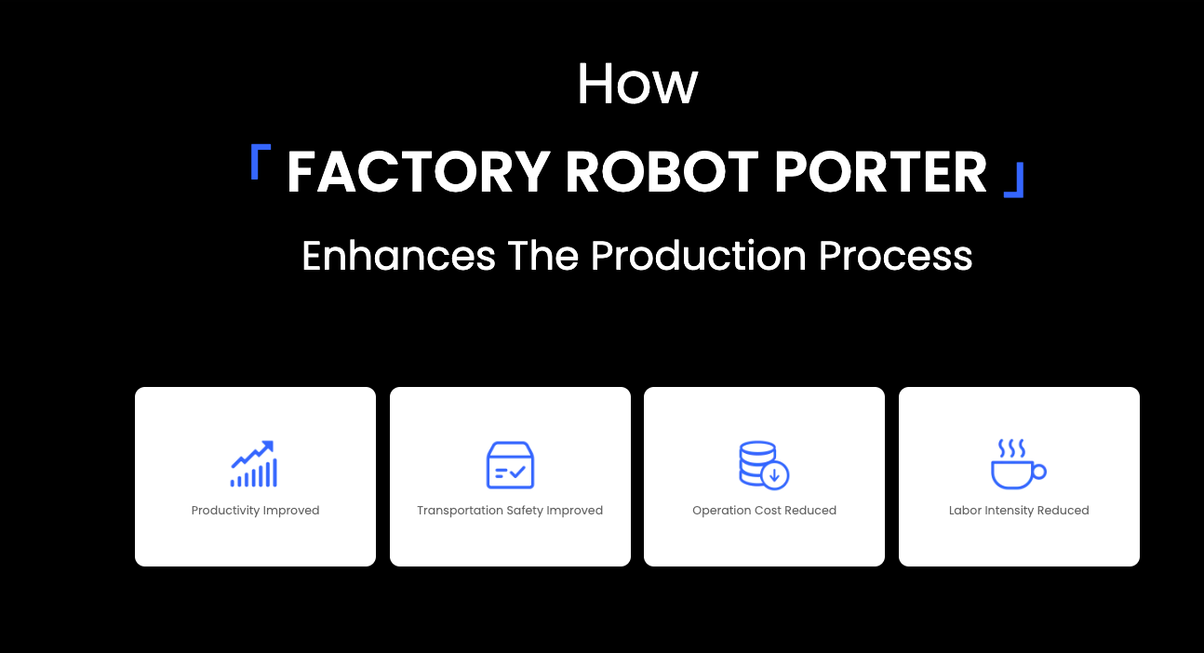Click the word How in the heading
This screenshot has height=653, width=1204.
click(637, 84)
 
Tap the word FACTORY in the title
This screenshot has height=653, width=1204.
click(419, 171)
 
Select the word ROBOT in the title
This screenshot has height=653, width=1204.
click(662, 171)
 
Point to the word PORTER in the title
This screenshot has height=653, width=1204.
click(880, 171)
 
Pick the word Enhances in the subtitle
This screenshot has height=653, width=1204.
click(398, 256)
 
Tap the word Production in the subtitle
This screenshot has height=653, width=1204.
click(698, 256)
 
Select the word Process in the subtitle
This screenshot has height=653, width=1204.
click(895, 256)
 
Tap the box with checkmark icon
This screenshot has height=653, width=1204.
click(510, 465)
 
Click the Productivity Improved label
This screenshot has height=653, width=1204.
click(255, 510)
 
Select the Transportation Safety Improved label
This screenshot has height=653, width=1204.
click(510, 510)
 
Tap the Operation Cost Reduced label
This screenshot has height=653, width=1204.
click(764, 510)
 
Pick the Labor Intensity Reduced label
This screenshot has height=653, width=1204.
click(1019, 510)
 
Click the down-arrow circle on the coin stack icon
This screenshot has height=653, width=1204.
click(774, 475)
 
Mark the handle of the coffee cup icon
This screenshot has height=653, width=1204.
click(1039, 472)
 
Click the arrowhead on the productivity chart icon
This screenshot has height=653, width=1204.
click(268, 446)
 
